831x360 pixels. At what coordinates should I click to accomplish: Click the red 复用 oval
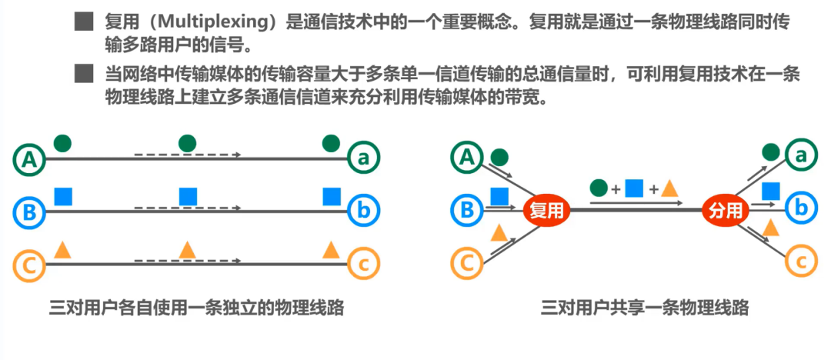point(546,210)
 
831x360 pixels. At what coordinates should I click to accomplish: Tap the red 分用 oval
point(726,210)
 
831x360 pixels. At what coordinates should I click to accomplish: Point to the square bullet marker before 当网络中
point(83,74)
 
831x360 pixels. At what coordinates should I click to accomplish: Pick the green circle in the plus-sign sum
point(599,187)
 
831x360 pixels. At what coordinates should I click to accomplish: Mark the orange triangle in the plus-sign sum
point(669,188)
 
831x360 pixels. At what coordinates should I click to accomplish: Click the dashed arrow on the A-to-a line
point(188,155)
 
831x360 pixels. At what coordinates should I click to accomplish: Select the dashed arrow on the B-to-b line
point(188,208)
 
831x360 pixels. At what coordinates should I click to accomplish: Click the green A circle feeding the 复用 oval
point(465,158)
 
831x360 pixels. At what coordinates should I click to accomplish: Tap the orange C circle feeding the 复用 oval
point(465,264)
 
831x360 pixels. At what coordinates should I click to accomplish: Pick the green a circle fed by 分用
point(801,157)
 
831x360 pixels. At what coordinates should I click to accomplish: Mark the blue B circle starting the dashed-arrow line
point(29,211)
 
